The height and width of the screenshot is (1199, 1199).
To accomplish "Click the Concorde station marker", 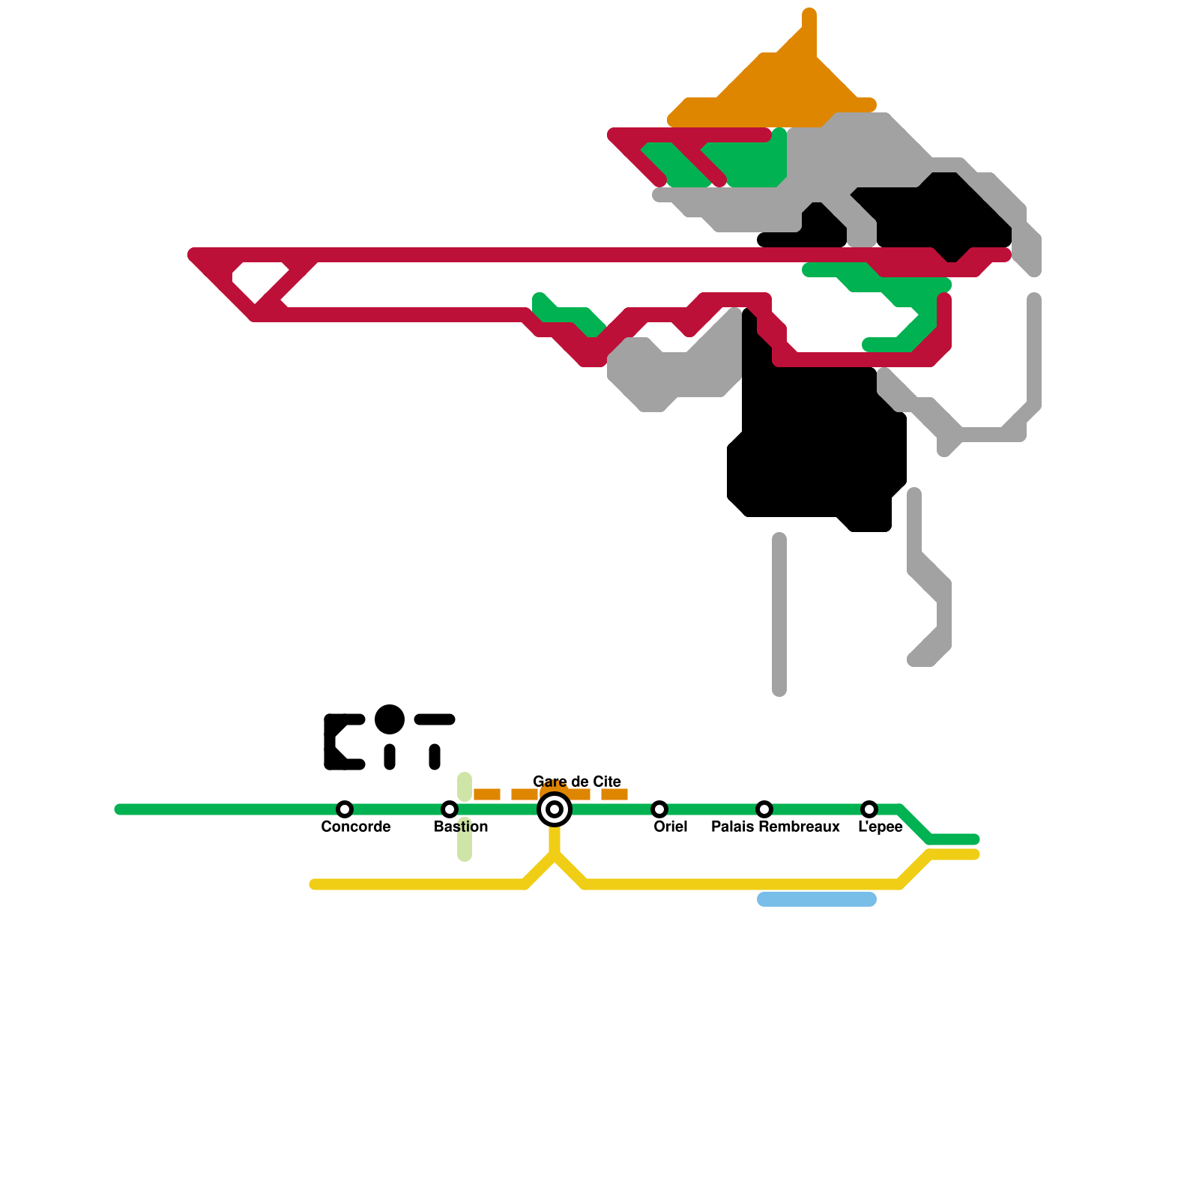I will (x=345, y=809).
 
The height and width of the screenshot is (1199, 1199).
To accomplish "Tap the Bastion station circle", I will (x=450, y=809).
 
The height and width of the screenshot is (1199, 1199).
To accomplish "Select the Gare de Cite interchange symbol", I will (x=555, y=809).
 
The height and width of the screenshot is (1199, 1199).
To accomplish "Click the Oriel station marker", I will (x=659, y=809).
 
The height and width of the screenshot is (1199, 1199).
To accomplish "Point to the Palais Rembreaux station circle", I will (x=764, y=809).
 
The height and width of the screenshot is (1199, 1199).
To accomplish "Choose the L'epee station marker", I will (x=869, y=809).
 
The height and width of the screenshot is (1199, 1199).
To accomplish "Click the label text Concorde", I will (x=355, y=827).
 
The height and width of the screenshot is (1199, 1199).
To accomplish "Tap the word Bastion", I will (x=461, y=827).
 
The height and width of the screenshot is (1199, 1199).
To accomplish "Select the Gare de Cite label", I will (x=576, y=782).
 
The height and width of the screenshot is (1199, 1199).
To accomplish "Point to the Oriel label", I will (x=670, y=827).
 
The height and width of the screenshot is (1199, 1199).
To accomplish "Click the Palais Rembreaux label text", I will (x=775, y=827).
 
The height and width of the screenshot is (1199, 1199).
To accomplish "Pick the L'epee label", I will (x=880, y=827).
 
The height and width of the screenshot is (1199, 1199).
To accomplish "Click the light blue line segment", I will (x=817, y=899).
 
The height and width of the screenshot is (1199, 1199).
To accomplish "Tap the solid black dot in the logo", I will (x=390, y=719).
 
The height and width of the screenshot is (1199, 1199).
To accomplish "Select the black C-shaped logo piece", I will (x=333, y=742).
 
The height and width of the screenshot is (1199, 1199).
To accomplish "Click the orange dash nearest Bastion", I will (x=487, y=794).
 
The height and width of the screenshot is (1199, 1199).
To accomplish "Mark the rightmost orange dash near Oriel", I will (x=614, y=794).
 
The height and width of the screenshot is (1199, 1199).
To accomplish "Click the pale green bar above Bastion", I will (x=465, y=786).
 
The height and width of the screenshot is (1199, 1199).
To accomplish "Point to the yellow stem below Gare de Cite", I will (x=555, y=839).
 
